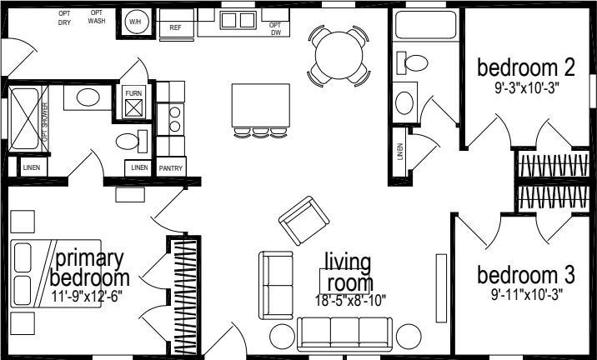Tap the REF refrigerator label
click(x=175, y=27)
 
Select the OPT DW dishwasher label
click(x=275, y=29)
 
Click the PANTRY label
click(x=170, y=168)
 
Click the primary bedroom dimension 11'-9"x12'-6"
click(x=90, y=296)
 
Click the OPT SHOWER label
click(x=45, y=124)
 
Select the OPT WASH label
click(x=96, y=17)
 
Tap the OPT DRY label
click(x=64, y=17)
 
